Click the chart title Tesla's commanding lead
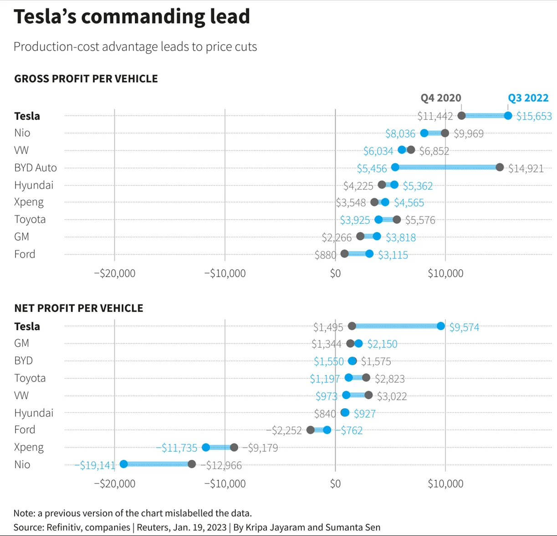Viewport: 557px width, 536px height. pyautogui.click(x=132, y=17)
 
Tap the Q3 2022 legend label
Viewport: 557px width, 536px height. pyautogui.click(x=528, y=98)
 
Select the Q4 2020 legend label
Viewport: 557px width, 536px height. pyautogui.click(x=440, y=98)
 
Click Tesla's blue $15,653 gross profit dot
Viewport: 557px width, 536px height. pyautogui.click(x=508, y=116)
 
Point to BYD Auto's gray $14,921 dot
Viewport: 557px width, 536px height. pyautogui.click(x=500, y=167)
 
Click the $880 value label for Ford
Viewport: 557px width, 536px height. pyautogui.click(x=325, y=255)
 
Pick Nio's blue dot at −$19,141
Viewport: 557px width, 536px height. pyautogui.click(x=123, y=464)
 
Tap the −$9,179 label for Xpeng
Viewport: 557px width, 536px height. pyautogui.click(x=260, y=448)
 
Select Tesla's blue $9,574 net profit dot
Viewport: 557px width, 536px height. pyautogui.click(x=440, y=326)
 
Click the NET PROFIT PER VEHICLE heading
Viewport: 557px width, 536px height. pyautogui.click(x=79, y=308)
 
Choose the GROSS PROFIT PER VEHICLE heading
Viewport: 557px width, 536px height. pyautogui.click(x=86, y=79)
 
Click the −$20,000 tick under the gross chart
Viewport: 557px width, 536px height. pyautogui.click(x=114, y=273)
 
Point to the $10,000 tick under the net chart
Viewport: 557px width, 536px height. pyautogui.click(x=445, y=484)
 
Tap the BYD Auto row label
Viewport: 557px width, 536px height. pyautogui.click(x=36, y=168)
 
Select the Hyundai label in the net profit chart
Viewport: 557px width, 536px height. pyautogui.click(x=34, y=413)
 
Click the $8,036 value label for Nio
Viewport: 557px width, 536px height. pyautogui.click(x=400, y=134)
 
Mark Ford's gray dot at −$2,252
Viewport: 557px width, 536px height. pyautogui.click(x=311, y=430)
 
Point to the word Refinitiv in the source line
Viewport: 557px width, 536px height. pyautogui.click(x=65, y=527)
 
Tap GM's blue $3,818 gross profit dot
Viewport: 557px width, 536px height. pyautogui.click(x=377, y=236)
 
